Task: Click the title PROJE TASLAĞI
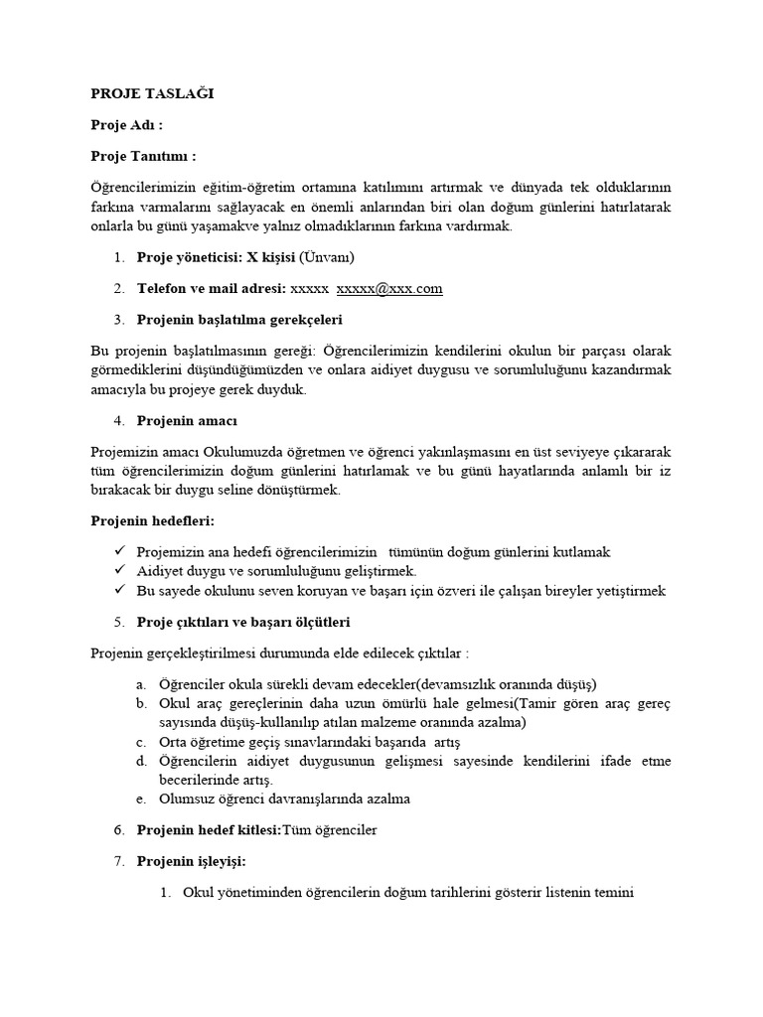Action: click(x=152, y=94)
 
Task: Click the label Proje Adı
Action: click(x=126, y=125)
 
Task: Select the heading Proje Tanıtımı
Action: click(x=143, y=156)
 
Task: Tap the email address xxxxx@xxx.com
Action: click(x=389, y=289)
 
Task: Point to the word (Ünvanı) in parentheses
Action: click(x=327, y=258)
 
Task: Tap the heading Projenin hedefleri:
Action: click(x=152, y=520)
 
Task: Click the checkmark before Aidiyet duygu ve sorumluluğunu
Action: click(x=118, y=571)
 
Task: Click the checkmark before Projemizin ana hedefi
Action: click(x=118, y=551)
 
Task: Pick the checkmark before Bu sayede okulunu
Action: click(x=118, y=591)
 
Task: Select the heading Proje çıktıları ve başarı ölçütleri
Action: click(x=242, y=623)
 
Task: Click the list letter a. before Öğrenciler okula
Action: click(x=142, y=684)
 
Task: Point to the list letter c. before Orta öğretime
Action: click(x=142, y=743)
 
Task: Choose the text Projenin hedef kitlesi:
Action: click(x=209, y=830)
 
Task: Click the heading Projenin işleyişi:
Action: click(x=191, y=861)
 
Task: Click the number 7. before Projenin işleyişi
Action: click(x=118, y=861)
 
